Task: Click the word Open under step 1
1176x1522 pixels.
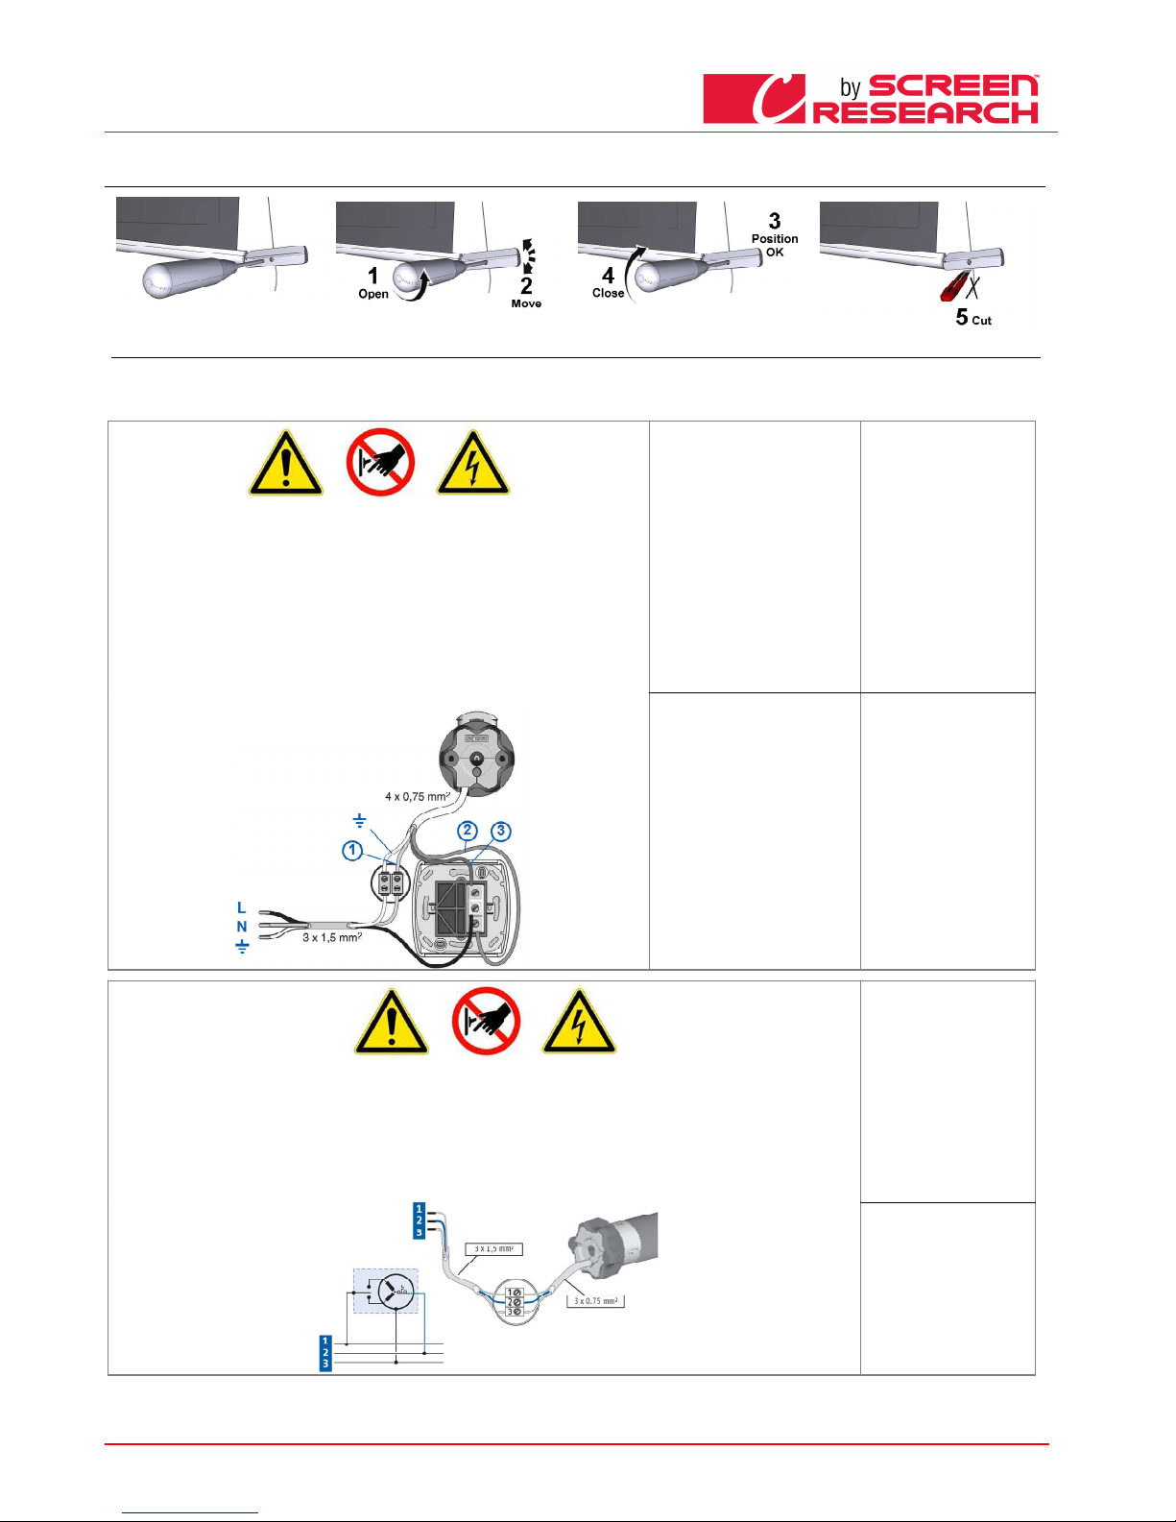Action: [373, 294]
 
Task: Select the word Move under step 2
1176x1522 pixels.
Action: [526, 303]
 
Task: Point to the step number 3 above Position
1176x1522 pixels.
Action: [775, 221]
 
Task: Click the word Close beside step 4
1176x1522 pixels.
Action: [608, 293]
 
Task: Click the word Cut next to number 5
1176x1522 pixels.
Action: [981, 321]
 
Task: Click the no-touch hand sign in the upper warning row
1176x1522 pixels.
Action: [380, 462]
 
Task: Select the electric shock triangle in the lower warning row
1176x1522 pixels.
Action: [579, 1023]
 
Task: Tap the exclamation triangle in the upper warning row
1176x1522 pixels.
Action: [286, 464]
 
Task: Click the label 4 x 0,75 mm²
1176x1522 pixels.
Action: [417, 796]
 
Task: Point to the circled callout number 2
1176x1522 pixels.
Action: [468, 831]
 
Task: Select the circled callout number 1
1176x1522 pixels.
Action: [352, 850]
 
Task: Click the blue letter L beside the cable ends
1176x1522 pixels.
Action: [242, 907]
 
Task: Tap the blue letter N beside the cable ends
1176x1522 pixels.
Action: [242, 927]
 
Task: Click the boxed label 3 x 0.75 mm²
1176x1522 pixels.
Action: [595, 1301]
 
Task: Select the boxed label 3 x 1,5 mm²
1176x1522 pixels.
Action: [493, 1249]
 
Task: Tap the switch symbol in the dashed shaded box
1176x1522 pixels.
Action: [394, 1291]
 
